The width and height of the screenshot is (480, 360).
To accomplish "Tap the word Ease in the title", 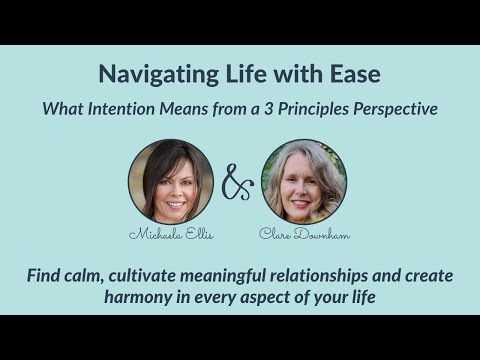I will point(354,74).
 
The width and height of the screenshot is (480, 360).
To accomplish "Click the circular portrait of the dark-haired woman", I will point(171,181).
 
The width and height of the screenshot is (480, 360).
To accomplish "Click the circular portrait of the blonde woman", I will point(304,181).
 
